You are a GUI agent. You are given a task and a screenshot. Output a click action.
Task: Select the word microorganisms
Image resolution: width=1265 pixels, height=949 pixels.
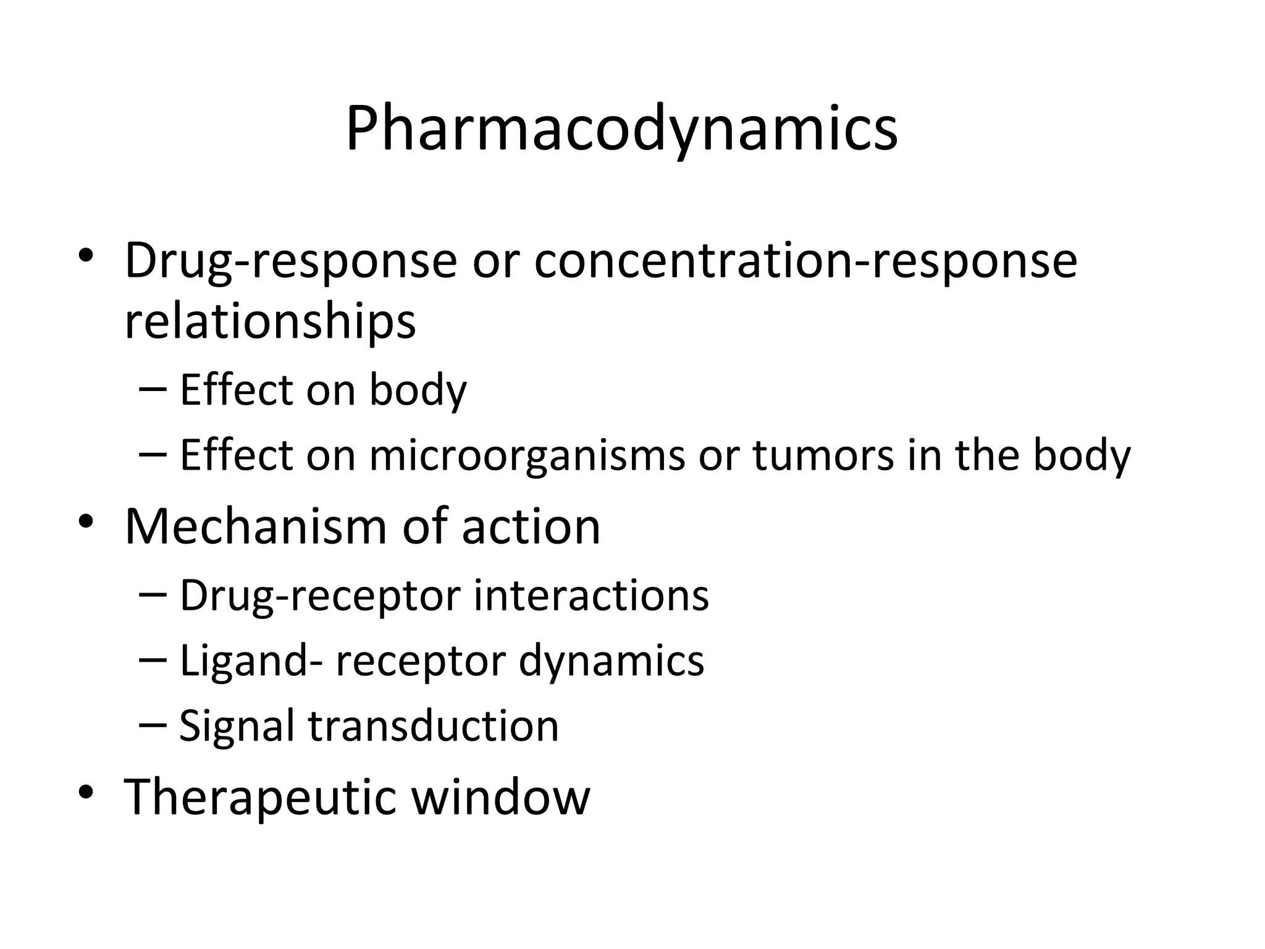(527, 456)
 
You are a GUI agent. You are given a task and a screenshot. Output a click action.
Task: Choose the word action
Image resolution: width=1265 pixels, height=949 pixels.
(531, 526)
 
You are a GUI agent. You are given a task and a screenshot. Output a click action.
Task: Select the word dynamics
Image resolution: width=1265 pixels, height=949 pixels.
(611, 661)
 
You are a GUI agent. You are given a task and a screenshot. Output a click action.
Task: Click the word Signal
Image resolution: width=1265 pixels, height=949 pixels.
(237, 725)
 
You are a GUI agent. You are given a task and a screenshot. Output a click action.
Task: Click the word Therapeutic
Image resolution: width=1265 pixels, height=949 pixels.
(259, 797)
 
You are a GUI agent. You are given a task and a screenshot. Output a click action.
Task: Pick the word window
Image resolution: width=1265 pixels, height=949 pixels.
(500, 797)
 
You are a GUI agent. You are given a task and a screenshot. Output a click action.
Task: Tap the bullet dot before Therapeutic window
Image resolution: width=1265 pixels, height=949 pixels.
(86, 792)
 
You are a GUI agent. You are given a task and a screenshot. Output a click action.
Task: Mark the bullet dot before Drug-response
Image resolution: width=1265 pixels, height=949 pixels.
(86, 256)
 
